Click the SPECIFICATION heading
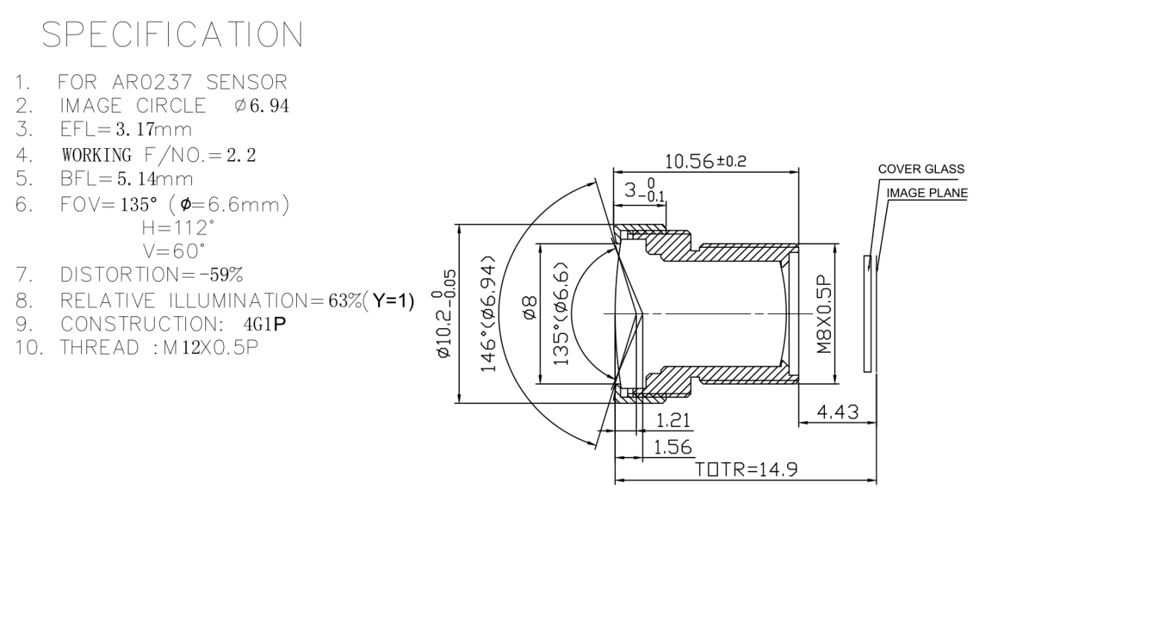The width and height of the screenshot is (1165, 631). coord(172,35)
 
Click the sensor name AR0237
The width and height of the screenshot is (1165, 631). coord(152,82)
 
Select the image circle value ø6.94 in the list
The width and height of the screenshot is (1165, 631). coord(262,106)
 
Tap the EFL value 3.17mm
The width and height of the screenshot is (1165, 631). coord(154,129)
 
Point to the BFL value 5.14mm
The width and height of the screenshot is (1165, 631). coord(155,179)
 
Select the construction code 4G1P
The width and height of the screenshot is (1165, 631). coord(265,324)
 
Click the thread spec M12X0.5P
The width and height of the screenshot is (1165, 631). coord(211,347)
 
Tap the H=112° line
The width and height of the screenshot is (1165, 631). coord(178,228)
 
